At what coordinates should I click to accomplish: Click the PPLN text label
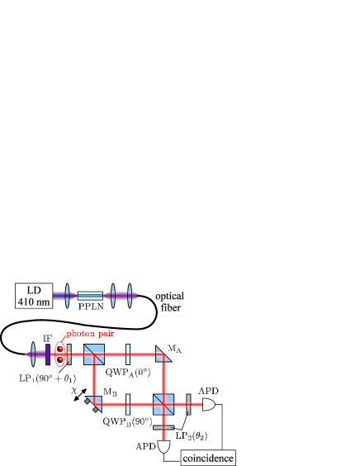click(90, 306)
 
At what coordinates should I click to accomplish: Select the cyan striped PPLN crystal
click(90, 296)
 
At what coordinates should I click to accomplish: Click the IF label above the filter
click(48, 339)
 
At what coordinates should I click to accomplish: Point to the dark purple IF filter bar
click(48, 354)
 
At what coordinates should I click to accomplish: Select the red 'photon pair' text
click(90, 334)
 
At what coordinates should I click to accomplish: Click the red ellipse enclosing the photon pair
click(59, 355)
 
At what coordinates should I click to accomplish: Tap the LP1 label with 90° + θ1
click(48, 378)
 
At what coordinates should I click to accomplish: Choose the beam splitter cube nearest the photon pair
click(93, 355)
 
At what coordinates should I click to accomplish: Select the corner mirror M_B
click(93, 405)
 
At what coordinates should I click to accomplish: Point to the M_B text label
click(109, 392)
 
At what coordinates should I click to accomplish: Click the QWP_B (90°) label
click(127, 421)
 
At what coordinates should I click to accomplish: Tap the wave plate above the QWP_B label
click(128, 405)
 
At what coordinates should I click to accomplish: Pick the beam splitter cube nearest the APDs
click(163, 405)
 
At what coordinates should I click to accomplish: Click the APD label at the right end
click(208, 391)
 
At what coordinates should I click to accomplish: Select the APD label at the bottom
click(145, 446)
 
